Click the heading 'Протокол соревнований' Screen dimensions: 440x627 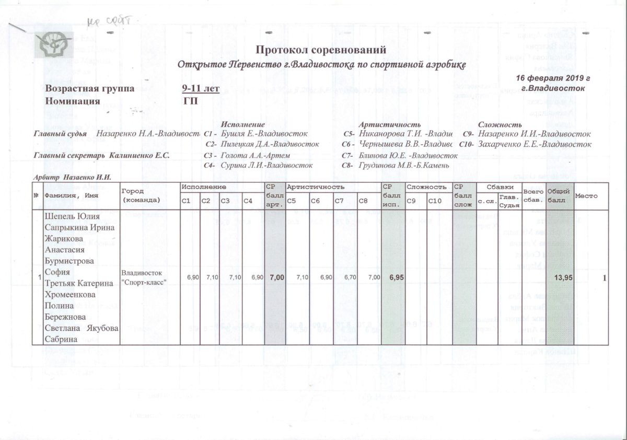(x=321, y=50)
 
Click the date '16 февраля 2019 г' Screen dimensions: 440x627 (x=553, y=78)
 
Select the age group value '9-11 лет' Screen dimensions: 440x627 (x=201, y=89)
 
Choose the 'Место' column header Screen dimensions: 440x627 (x=587, y=195)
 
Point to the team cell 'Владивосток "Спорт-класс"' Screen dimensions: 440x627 (x=144, y=277)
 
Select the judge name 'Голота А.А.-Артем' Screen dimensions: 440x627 (x=256, y=155)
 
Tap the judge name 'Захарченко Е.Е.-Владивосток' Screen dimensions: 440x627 (x=534, y=144)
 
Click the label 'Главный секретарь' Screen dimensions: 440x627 (x=69, y=155)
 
